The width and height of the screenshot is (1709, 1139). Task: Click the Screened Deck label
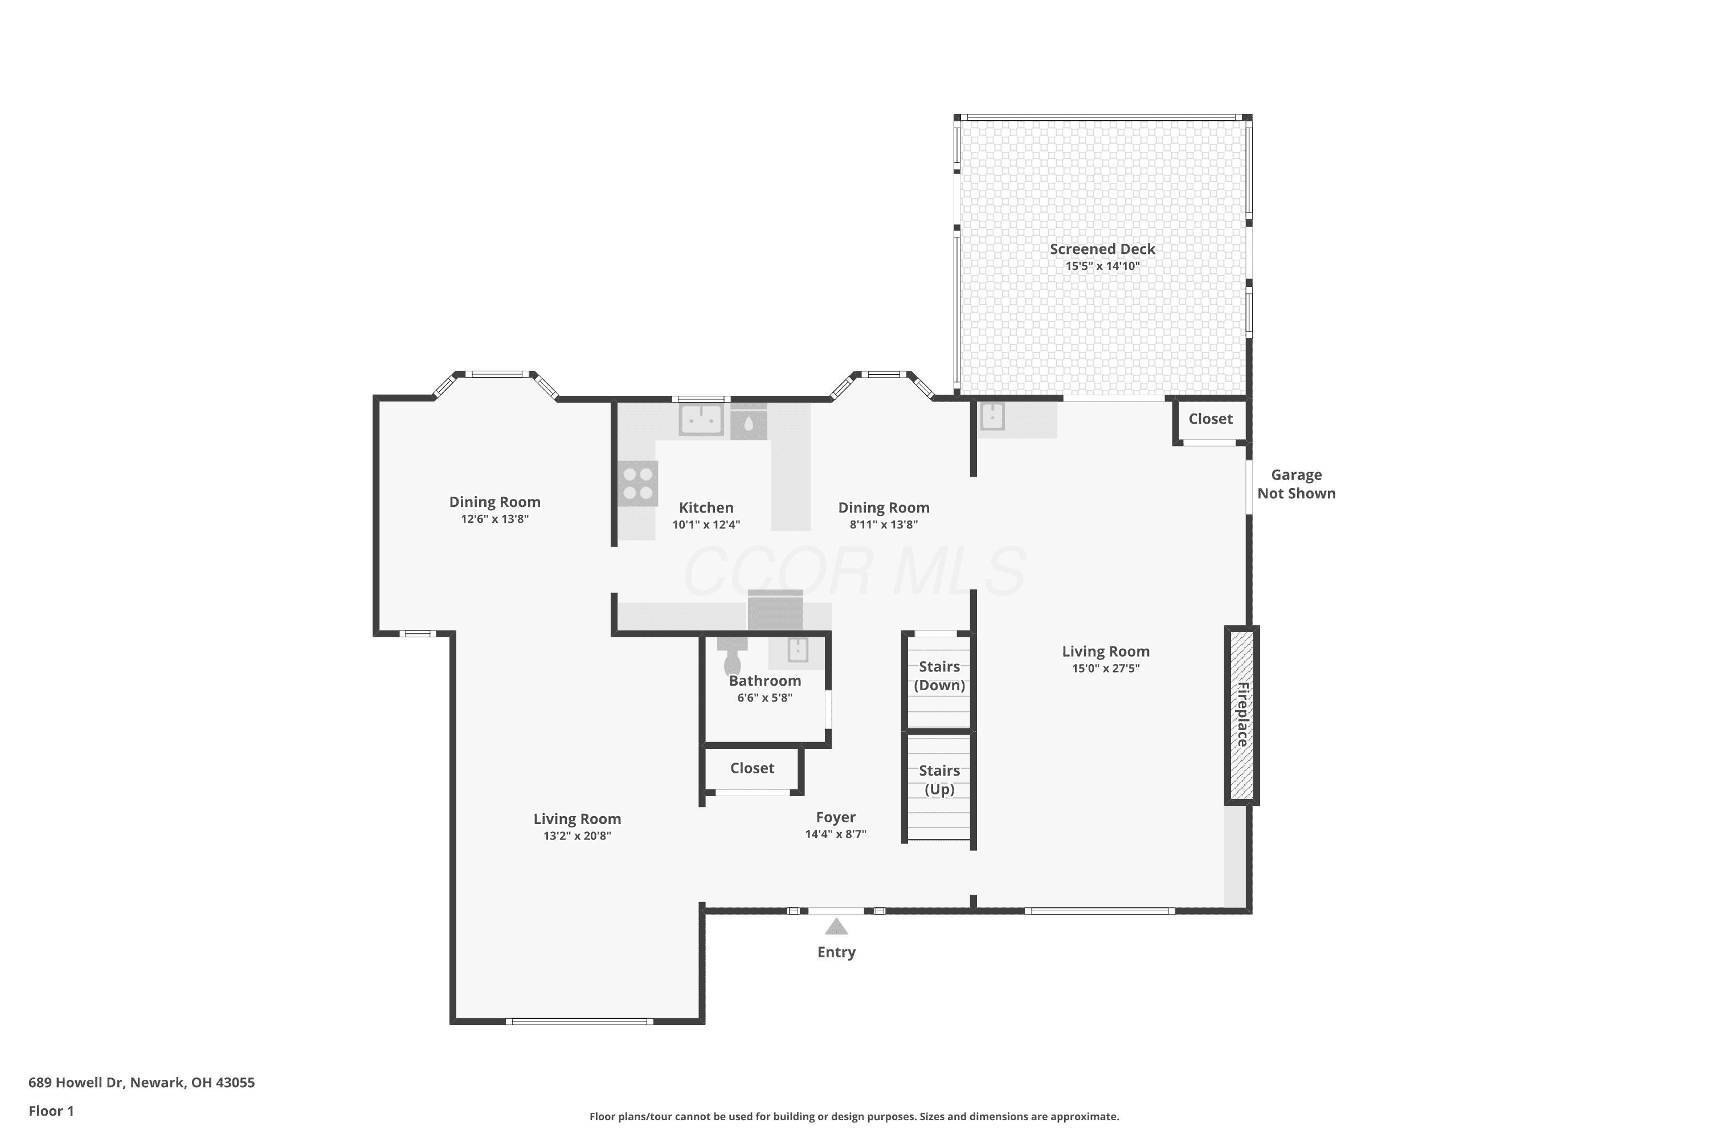click(x=1102, y=249)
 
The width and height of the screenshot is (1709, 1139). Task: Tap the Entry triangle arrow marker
click(x=836, y=927)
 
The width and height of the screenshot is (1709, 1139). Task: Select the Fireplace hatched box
click(x=1242, y=715)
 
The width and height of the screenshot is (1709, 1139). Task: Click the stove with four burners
click(x=639, y=484)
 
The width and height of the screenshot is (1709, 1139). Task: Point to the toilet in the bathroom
click(x=731, y=656)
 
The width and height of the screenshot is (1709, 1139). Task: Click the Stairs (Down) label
click(x=939, y=675)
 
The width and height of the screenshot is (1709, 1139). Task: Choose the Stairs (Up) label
click(x=939, y=780)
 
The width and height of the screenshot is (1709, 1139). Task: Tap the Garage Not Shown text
click(x=1297, y=484)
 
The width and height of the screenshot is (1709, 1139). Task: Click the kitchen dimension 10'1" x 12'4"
click(x=706, y=525)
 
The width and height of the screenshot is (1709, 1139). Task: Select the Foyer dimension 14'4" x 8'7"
click(x=836, y=834)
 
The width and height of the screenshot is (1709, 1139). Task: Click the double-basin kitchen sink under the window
click(x=701, y=419)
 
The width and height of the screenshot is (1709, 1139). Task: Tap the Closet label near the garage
click(x=1211, y=419)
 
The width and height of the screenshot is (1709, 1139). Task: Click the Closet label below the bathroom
click(x=752, y=768)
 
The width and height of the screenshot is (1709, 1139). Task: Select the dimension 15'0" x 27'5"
click(x=1106, y=668)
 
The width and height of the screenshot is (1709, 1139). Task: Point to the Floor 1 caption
click(x=51, y=1111)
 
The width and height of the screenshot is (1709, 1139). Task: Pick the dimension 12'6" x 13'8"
click(x=495, y=519)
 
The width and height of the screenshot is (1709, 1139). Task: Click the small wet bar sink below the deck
click(x=992, y=417)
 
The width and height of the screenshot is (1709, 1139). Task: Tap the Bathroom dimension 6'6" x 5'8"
click(x=764, y=697)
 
